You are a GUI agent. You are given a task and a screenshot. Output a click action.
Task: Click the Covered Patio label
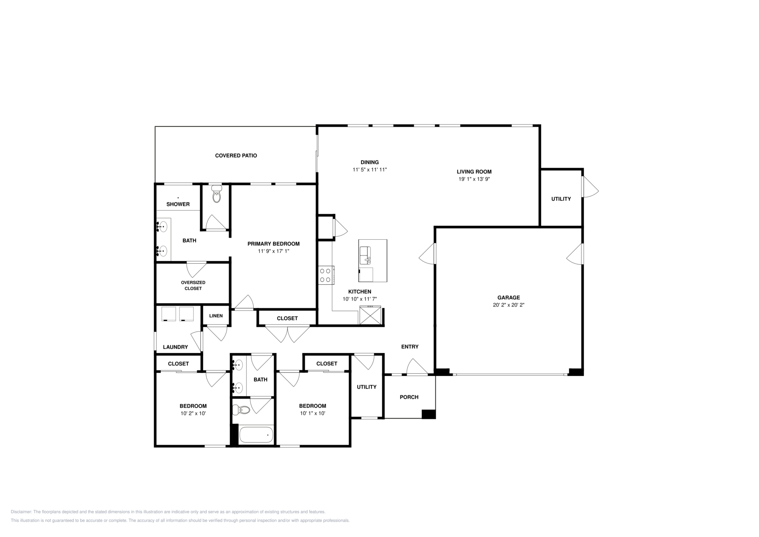pyautogui.click(x=236, y=156)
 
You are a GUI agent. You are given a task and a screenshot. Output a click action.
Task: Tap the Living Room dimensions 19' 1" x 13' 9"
pyautogui.click(x=474, y=179)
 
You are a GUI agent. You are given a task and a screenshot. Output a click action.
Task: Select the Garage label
pyautogui.click(x=508, y=298)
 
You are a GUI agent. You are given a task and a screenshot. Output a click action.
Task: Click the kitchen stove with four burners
pyautogui.click(x=326, y=275)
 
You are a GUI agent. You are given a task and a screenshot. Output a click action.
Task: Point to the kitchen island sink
pyautogui.click(x=365, y=255)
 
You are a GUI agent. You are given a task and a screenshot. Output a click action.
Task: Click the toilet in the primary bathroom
pyautogui.click(x=216, y=194)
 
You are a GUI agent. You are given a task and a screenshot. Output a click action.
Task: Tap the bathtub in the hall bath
pyautogui.click(x=256, y=435)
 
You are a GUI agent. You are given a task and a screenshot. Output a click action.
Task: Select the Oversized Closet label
pyautogui.click(x=193, y=286)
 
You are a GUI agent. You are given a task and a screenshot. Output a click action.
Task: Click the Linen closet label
pyautogui.click(x=216, y=316)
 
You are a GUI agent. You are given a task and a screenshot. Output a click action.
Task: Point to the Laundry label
pyautogui.click(x=176, y=347)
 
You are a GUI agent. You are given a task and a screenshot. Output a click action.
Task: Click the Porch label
pyautogui.click(x=409, y=397)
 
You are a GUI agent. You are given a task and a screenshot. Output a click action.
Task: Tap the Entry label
pyautogui.click(x=410, y=347)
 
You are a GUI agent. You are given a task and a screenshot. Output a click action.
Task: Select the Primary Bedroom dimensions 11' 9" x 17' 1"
pyautogui.click(x=274, y=251)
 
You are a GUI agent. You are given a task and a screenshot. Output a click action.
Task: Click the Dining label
pyautogui.click(x=370, y=163)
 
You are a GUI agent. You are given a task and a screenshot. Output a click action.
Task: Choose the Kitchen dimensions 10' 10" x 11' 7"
pyautogui.click(x=360, y=299)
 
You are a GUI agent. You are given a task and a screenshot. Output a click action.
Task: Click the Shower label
pyautogui.click(x=178, y=204)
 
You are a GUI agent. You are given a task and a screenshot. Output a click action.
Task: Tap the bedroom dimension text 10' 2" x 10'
pyautogui.click(x=193, y=414)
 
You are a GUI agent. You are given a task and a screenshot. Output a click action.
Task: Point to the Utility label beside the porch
pyautogui.click(x=367, y=387)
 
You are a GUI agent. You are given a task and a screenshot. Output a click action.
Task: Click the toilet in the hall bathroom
pyautogui.click(x=242, y=410)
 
